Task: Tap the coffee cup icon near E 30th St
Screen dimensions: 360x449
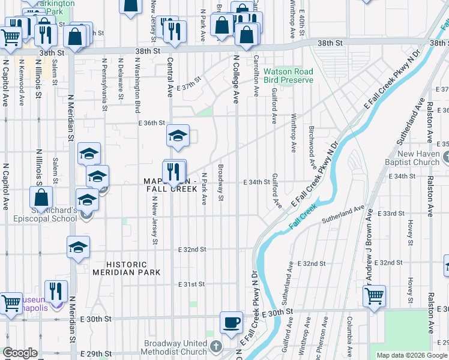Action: pyautogui.click(x=231, y=323)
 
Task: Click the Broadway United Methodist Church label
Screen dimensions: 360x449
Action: pyautogui.click(x=175, y=347)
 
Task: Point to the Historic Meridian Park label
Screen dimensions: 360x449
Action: pyautogui.click(x=127, y=268)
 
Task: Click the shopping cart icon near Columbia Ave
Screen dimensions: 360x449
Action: pyautogui.click(x=374, y=296)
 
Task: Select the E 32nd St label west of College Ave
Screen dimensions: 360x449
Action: pyautogui.click(x=192, y=249)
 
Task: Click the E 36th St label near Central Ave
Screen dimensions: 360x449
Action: pyautogui.click(x=151, y=123)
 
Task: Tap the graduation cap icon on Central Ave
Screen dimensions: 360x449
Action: pyautogui.click(x=178, y=136)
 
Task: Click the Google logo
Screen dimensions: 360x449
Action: pyautogui.click(x=20, y=353)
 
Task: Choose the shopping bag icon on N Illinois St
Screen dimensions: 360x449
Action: pyautogui.click(x=41, y=197)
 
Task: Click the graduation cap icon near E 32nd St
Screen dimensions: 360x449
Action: pyautogui.click(x=78, y=248)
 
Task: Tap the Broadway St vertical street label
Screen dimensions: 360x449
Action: pyautogui.click(x=220, y=182)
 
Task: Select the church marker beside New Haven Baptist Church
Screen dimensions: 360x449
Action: pyautogui.click(x=445, y=158)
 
